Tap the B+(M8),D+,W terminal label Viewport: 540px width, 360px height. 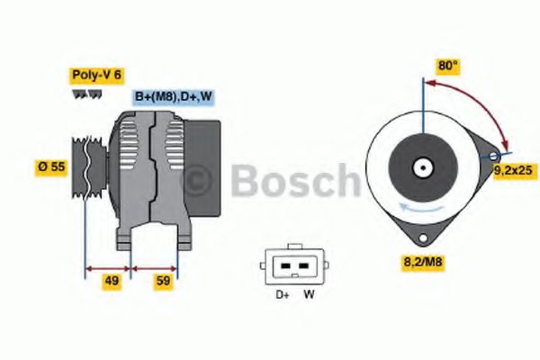click(174, 96)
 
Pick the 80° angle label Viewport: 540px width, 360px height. click(448, 66)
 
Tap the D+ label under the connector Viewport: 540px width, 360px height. click(281, 294)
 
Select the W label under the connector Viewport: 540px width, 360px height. click(308, 294)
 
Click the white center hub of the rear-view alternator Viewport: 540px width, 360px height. click(420, 167)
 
